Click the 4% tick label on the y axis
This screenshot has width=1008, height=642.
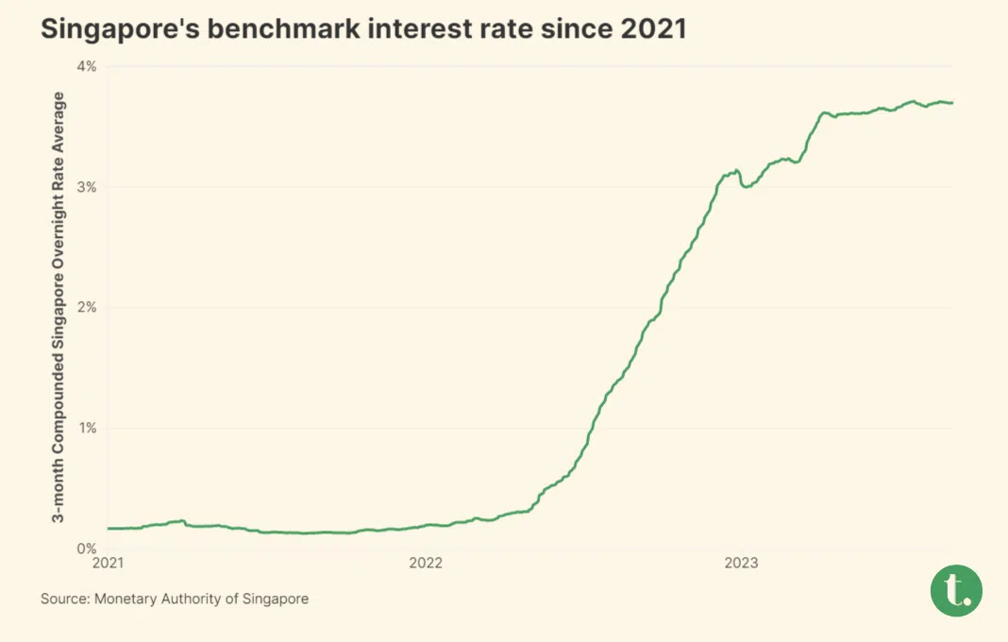tap(87, 66)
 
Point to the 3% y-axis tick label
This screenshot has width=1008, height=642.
tap(87, 187)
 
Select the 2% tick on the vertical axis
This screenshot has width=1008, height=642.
tap(87, 308)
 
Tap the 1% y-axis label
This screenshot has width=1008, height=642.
tap(87, 428)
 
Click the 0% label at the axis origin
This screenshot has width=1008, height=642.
tap(87, 549)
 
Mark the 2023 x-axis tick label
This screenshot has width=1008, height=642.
tap(741, 564)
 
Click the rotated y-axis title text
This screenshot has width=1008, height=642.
tap(59, 307)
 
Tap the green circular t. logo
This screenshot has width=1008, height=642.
tap(956, 590)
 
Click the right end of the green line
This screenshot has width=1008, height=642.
tap(951, 103)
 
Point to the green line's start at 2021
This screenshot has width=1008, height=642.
tap(109, 529)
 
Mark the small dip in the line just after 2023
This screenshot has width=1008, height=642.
tap(748, 187)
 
